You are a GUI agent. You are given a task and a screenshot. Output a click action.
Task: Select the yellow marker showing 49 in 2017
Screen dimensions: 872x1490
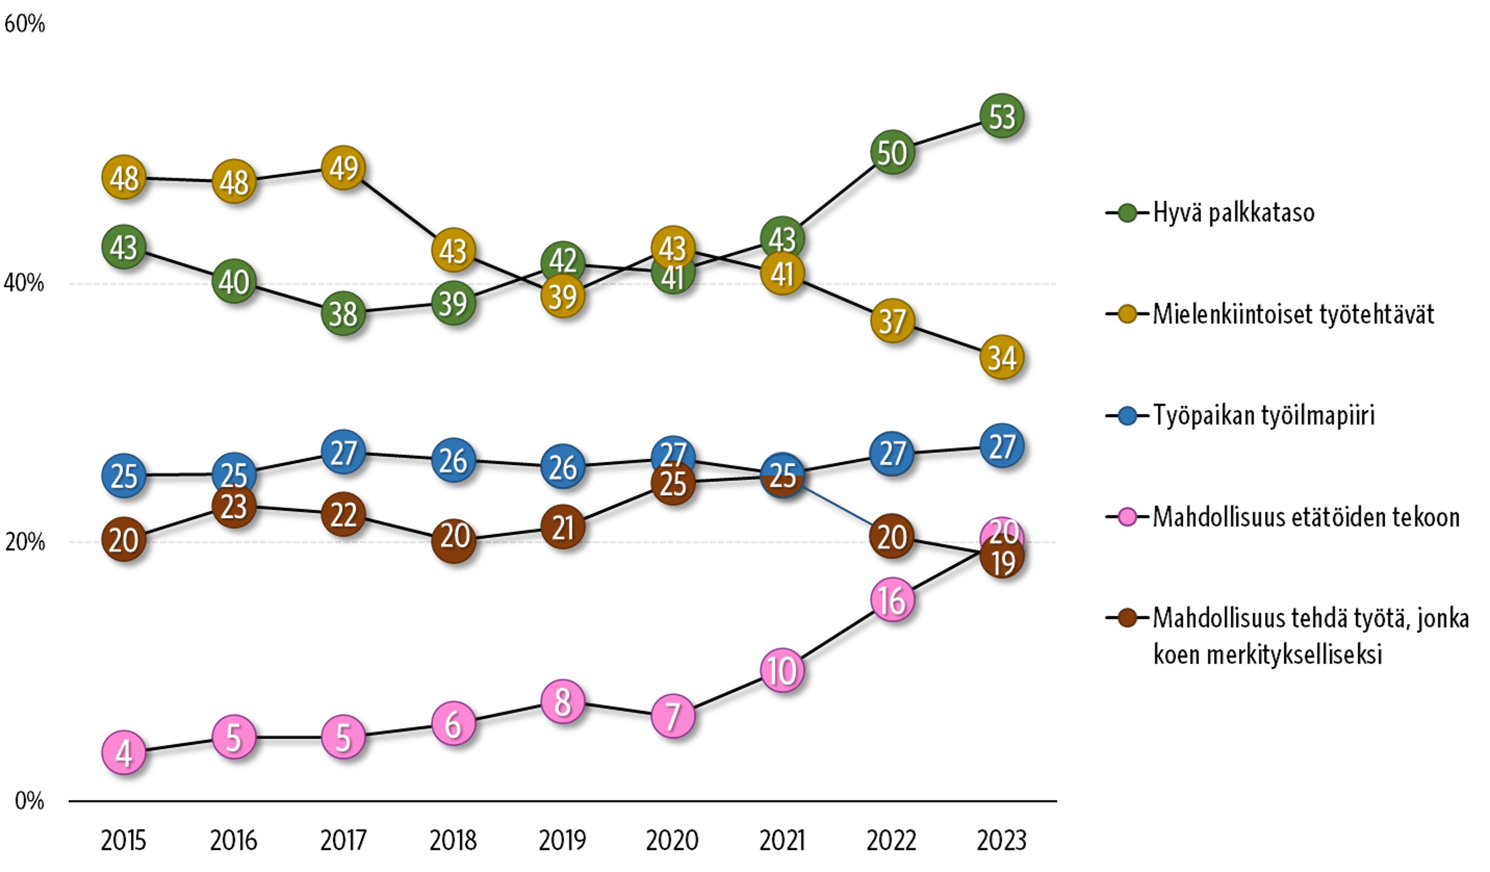coord(343,168)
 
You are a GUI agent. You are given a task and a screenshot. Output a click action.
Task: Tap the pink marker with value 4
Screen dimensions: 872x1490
coord(124,753)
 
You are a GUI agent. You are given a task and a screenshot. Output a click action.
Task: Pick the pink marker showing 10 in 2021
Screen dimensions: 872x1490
coord(782,670)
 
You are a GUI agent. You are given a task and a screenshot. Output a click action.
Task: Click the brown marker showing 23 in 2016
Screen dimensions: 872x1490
coord(234,506)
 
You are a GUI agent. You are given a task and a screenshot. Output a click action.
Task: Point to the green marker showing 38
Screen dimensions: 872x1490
coord(343,314)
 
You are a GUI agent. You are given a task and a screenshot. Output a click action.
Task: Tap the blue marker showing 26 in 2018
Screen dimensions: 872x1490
coord(453,460)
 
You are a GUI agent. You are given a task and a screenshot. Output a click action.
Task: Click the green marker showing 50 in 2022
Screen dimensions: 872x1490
coord(892,153)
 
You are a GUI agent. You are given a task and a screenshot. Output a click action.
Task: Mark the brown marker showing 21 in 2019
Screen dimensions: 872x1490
coord(562,527)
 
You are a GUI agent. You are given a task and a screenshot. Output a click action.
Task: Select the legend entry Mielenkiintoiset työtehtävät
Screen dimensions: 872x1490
coord(1293,314)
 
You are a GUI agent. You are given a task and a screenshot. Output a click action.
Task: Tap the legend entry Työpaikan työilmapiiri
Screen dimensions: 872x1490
coord(1263,416)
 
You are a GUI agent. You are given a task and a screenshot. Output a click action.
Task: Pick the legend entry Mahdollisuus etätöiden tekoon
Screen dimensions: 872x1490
coord(1306,517)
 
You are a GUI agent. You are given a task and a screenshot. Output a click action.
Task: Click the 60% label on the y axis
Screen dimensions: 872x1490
coord(24,24)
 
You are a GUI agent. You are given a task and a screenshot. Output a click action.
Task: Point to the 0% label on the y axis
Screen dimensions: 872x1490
coord(29,801)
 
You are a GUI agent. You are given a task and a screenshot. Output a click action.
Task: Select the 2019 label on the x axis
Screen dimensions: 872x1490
coord(562,840)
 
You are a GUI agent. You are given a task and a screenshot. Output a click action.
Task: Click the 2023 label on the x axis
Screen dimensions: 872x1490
coord(1001,840)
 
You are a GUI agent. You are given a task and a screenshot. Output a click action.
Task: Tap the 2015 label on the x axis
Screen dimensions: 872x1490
coord(124,840)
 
